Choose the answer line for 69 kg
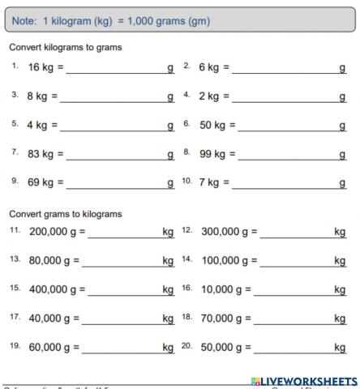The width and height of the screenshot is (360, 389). tap(114, 182)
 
